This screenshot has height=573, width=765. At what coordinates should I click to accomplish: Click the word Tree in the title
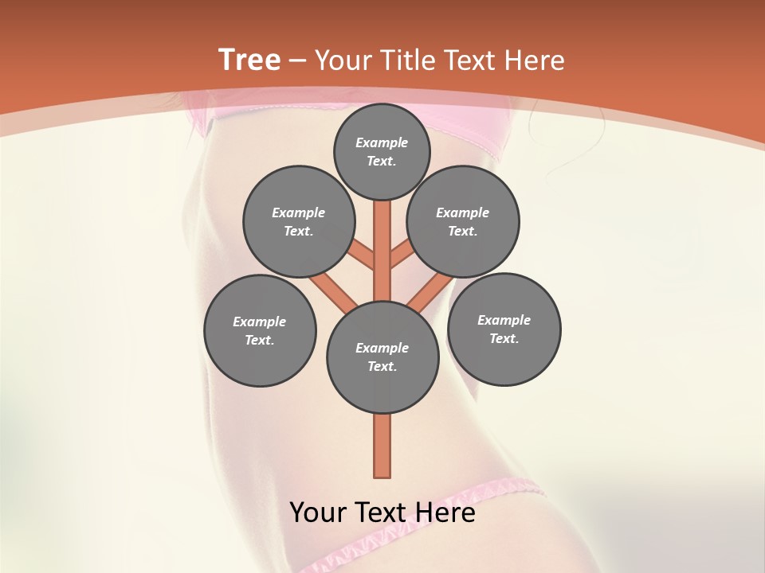click(x=249, y=60)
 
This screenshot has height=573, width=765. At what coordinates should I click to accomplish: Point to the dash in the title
click(x=298, y=61)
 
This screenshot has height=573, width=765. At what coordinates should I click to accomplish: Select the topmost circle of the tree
click(x=382, y=151)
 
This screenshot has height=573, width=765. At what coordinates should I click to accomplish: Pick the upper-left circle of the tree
click(x=299, y=221)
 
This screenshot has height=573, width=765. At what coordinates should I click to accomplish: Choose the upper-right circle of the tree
click(x=463, y=221)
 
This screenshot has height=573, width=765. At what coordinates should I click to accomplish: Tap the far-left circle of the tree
click(x=260, y=330)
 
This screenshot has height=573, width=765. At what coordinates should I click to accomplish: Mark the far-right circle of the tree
click(x=504, y=329)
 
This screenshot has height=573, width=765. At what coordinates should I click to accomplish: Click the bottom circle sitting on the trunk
click(x=382, y=357)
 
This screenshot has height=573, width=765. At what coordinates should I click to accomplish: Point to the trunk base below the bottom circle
click(x=382, y=446)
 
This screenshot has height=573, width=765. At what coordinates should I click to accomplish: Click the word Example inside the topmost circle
click(x=382, y=142)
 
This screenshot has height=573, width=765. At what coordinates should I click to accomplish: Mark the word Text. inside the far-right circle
click(x=504, y=338)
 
